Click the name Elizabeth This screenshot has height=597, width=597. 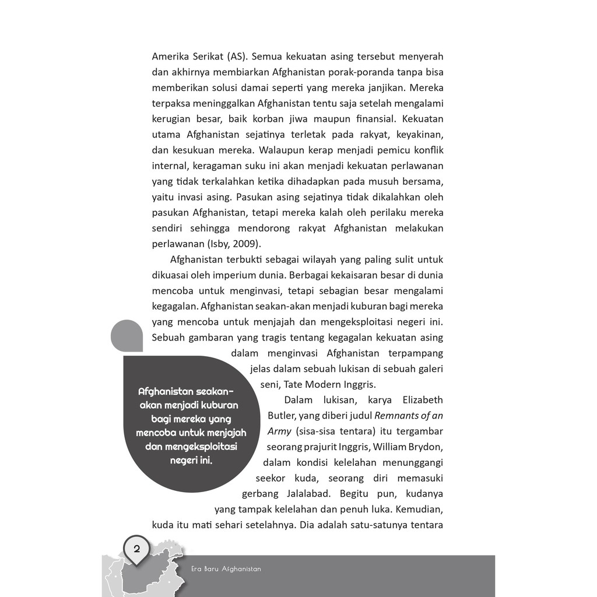pyautogui.click(x=422, y=400)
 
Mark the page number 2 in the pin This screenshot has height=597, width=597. pyautogui.click(x=137, y=548)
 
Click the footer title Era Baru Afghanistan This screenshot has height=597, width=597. pyautogui.click(x=226, y=568)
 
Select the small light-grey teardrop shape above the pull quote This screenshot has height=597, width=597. pyautogui.click(x=127, y=336)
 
